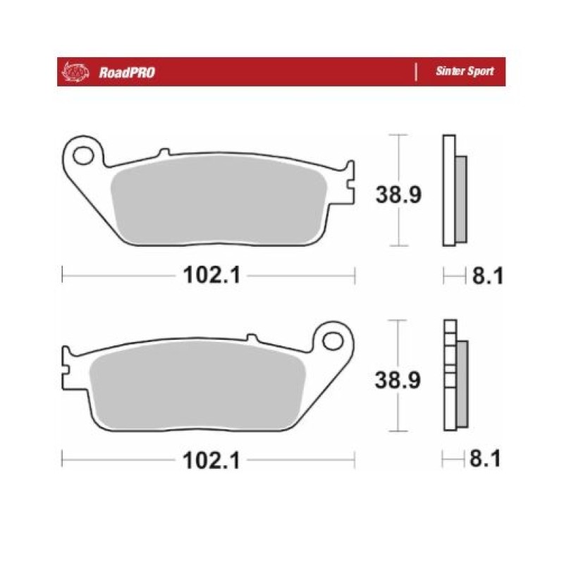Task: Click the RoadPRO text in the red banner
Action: click(x=127, y=73)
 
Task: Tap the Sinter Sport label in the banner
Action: click(x=465, y=71)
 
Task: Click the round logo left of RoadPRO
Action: click(x=75, y=72)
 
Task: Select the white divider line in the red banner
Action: click(x=416, y=72)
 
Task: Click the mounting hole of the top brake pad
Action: click(x=83, y=156)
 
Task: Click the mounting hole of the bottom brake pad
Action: click(x=333, y=341)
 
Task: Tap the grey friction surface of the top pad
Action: click(x=219, y=199)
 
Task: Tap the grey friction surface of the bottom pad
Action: click(x=197, y=384)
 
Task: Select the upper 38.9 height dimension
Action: click(x=398, y=195)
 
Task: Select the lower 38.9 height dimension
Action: click(x=398, y=380)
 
